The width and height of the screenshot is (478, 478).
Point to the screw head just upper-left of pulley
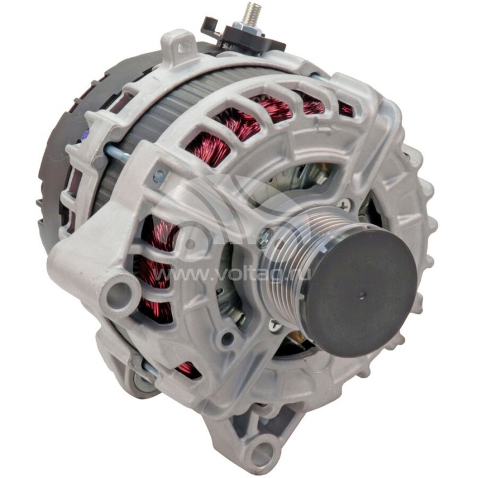coord(265,238)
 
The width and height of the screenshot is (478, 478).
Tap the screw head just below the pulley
coord(275,326)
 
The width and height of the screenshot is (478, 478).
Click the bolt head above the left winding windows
coord(159,176)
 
